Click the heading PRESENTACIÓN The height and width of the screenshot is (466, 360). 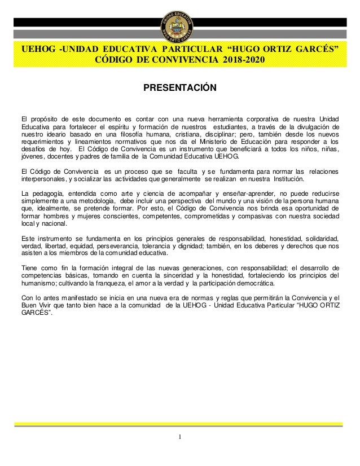(x=179, y=89)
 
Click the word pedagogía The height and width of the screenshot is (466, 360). (x=47, y=194)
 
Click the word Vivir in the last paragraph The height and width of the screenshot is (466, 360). (x=47, y=305)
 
